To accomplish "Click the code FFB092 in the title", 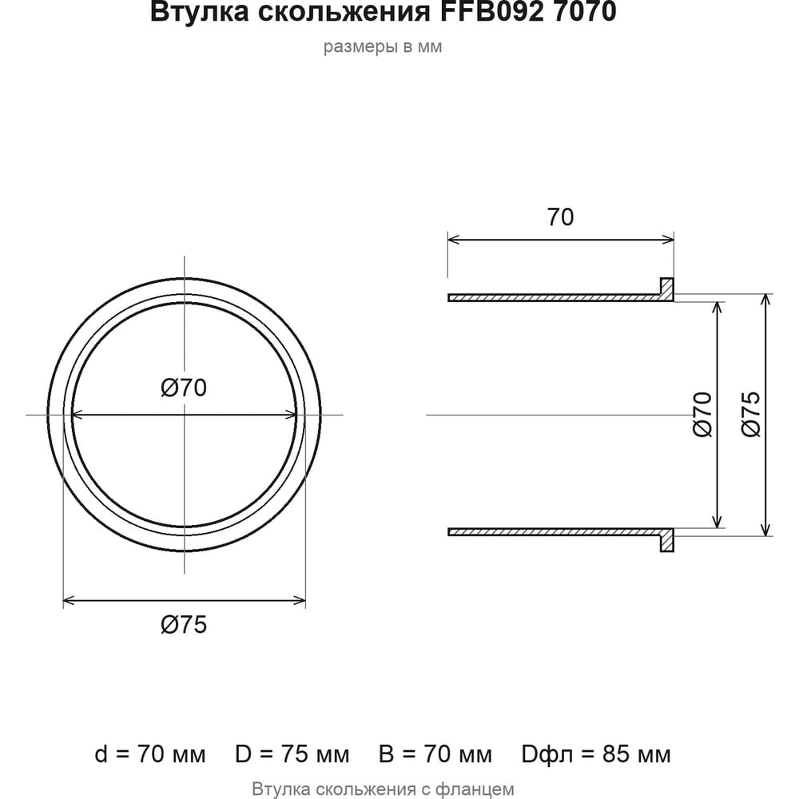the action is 492,11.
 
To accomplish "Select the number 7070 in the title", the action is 585,11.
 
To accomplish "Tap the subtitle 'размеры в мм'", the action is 383,47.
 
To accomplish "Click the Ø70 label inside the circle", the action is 184,388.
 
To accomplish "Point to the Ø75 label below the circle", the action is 184,625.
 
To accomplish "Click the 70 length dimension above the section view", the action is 561,217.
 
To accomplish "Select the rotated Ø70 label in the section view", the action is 702,414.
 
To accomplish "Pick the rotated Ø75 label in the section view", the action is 750,414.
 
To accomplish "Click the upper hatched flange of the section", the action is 667,288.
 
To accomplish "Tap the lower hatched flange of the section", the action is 667,540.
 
